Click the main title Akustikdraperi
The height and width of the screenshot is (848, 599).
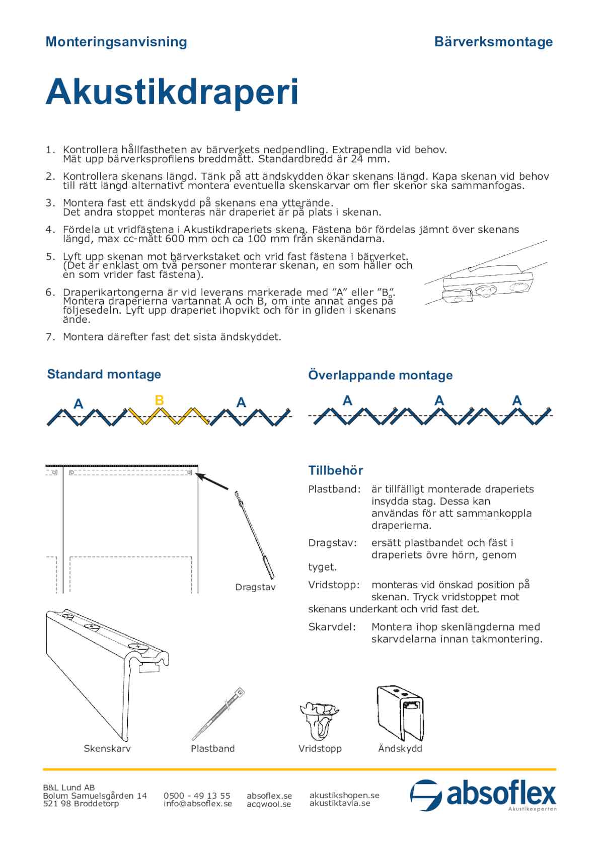[x=172, y=92]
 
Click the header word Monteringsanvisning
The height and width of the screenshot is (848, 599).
[x=116, y=42]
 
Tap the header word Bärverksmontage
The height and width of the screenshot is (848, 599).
[x=493, y=42]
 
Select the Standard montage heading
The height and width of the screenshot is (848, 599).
[x=104, y=374]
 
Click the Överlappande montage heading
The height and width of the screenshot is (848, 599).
[x=380, y=375]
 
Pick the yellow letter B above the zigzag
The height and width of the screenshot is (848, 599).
[x=159, y=400]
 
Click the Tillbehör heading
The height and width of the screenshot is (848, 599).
[x=335, y=470]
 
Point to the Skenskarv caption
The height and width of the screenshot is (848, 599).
[x=107, y=748]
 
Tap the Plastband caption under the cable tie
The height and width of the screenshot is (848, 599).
[x=212, y=748]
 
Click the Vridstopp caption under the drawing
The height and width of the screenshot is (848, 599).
[x=320, y=748]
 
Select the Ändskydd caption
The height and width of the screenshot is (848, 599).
[x=400, y=748]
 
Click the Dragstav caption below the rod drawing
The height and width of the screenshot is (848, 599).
[x=255, y=587]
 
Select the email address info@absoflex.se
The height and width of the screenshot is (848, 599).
[x=198, y=804]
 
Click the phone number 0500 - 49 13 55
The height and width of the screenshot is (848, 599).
[x=197, y=796]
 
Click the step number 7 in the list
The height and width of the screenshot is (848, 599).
[x=49, y=337]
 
